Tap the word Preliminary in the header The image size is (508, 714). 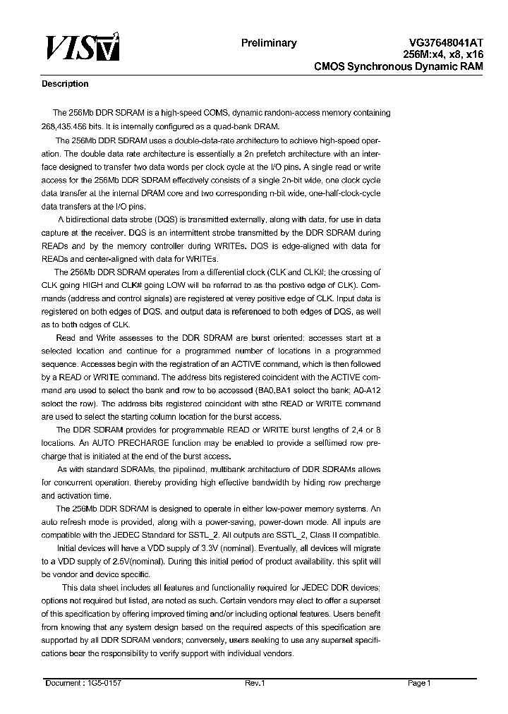pyautogui.click(x=269, y=43)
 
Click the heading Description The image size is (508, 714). pyautogui.click(x=66, y=84)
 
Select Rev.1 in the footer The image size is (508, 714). pyautogui.click(x=254, y=683)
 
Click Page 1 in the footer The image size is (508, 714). pyautogui.click(x=419, y=683)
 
